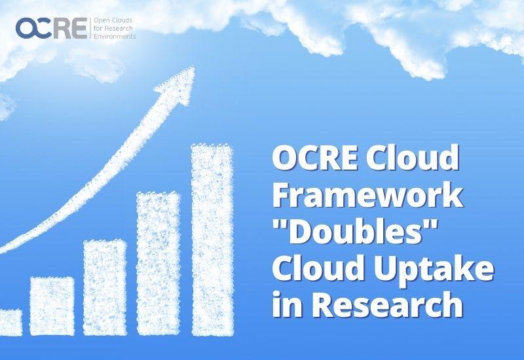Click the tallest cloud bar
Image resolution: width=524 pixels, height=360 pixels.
[x=212, y=240]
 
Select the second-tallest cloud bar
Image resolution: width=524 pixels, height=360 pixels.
[x=159, y=264]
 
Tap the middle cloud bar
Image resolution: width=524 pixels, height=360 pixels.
[x=105, y=287]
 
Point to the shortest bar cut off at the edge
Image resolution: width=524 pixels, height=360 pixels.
[x=11, y=322]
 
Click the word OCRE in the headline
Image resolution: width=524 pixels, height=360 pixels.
[x=315, y=157]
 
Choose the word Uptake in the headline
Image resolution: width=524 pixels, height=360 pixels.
[x=434, y=270]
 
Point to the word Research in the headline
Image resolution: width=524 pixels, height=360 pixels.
[x=388, y=304]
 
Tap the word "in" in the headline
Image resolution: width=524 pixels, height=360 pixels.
[x=288, y=304]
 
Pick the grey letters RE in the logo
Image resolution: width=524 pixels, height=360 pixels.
[x=70, y=28]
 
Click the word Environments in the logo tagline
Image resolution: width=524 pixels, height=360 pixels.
[x=115, y=37]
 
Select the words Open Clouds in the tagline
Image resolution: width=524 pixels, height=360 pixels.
[x=113, y=21]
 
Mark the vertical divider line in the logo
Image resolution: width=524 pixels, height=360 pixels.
[x=90, y=28]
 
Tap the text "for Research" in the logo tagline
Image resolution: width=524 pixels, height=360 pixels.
[x=113, y=29]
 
